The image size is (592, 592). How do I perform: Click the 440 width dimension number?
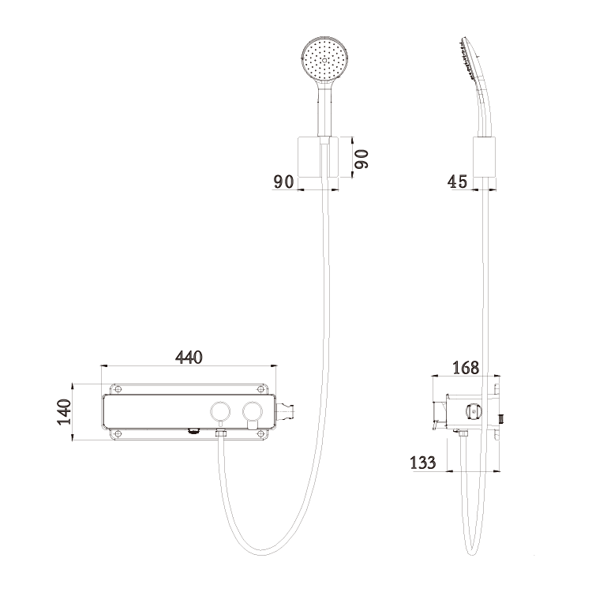[189, 358]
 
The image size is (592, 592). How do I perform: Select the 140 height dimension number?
[64, 412]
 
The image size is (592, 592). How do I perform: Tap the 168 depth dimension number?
[466, 368]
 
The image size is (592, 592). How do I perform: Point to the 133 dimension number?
[423, 463]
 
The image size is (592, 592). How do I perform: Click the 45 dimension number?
[457, 182]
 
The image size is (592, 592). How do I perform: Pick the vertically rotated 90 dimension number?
[362, 159]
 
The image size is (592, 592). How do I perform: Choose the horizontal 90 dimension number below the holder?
[283, 182]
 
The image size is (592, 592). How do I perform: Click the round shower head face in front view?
[324, 60]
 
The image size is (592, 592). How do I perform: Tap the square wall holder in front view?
[318, 157]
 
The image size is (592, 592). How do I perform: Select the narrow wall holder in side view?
[485, 157]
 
